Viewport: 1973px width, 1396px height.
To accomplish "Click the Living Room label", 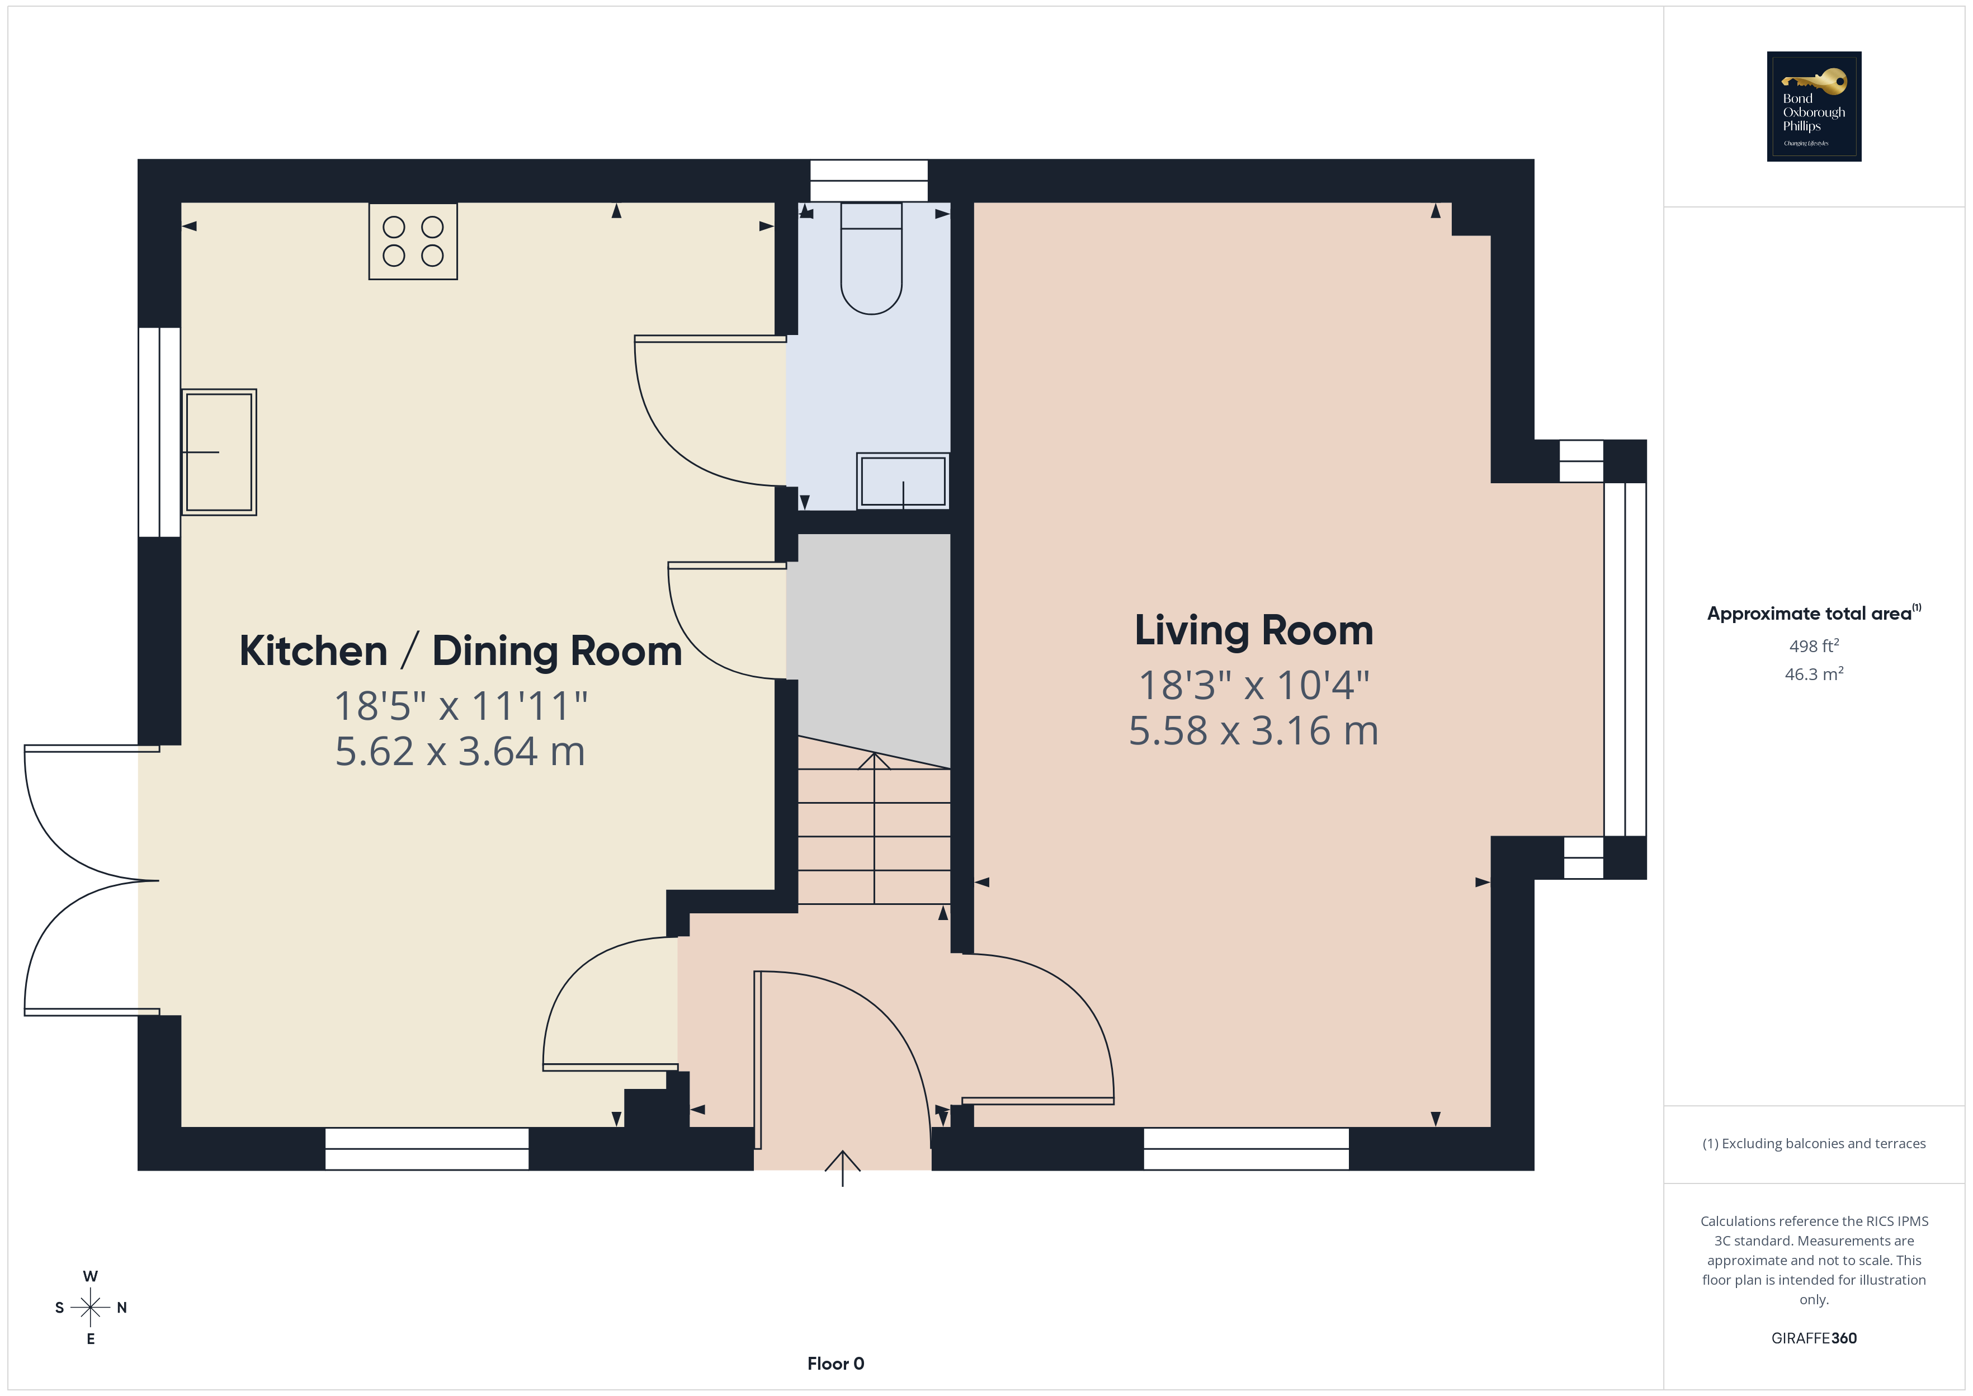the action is [1254, 630].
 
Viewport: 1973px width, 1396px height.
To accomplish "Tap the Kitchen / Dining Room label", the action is [461, 650].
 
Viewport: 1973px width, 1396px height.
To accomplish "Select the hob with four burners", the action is [413, 242].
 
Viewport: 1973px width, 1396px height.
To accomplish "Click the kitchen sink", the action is [219, 452].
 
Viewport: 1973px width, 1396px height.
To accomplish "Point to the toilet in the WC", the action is [871, 258].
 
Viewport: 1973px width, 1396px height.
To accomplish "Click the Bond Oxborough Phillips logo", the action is [1814, 107].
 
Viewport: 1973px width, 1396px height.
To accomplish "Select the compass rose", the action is [90, 1308].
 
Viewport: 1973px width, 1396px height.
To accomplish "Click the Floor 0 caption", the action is [836, 1364].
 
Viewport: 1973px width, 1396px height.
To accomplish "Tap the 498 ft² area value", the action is [1814, 645].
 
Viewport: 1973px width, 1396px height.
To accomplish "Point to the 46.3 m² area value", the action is [1814, 674].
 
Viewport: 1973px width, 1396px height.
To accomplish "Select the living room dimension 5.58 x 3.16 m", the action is [1254, 730].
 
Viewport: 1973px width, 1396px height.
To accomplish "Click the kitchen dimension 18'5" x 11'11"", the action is [461, 706].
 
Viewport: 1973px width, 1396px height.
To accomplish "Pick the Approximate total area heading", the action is [1814, 613].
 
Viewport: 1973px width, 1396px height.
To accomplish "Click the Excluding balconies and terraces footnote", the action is [1814, 1143].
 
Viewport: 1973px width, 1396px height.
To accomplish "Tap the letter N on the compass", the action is [122, 1308].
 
